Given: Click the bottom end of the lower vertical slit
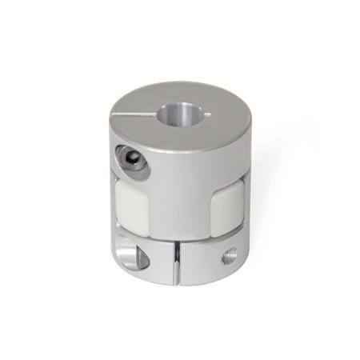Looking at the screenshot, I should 174,280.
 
